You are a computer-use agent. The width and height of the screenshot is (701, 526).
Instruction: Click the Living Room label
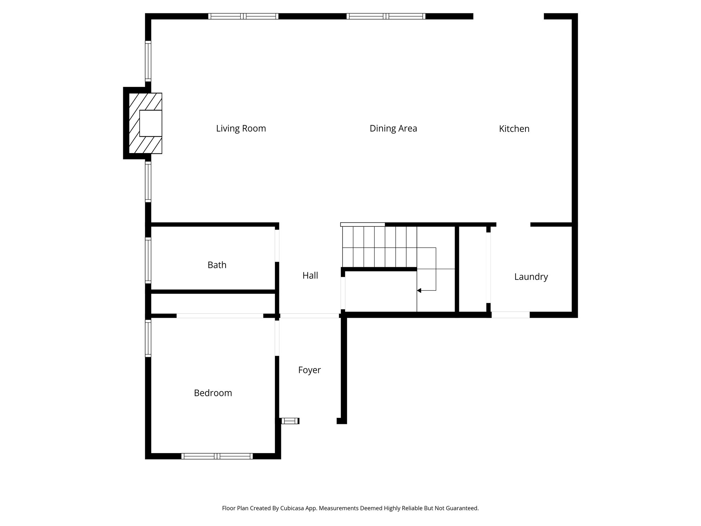(241, 128)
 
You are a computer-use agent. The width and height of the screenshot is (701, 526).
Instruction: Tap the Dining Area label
(393, 128)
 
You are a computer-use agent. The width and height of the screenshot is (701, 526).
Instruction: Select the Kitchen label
(514, 129)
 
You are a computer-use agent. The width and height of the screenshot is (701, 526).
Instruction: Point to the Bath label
(217, 265)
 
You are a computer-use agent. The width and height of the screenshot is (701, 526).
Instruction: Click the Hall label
(310, 275)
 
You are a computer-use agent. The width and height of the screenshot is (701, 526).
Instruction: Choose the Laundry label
(531, 277)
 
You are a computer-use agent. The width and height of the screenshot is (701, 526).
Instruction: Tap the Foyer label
(309, 370)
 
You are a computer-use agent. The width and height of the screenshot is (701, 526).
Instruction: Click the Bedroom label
(213, 393)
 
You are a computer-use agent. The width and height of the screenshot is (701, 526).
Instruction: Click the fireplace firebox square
(151, 123)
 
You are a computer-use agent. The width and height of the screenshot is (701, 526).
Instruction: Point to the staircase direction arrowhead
(419, 291)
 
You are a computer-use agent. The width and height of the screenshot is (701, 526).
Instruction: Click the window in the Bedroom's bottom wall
(217, 456)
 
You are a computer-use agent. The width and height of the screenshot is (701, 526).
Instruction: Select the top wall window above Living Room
(243, 16)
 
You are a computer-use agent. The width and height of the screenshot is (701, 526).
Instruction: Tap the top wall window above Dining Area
(386, 16)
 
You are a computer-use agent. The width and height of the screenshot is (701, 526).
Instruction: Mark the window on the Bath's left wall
(148, 260)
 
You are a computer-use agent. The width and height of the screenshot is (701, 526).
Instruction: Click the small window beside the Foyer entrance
(290, 421)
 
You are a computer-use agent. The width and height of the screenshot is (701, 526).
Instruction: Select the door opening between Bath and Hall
(277, 246)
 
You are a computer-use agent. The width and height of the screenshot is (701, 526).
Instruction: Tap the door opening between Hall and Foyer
(309, 316)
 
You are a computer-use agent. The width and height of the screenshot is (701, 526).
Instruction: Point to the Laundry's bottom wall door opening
(510, 315)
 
